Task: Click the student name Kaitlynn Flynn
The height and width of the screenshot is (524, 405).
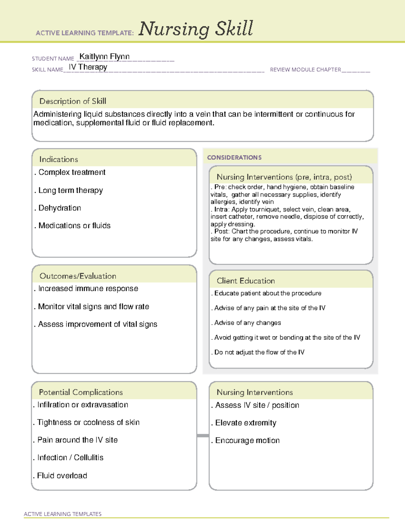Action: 104,57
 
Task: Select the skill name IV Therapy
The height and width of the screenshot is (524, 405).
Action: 88,67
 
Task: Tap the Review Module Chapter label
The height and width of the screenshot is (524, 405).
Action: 305,70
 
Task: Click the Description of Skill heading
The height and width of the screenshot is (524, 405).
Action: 73,101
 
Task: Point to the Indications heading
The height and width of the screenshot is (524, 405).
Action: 58,159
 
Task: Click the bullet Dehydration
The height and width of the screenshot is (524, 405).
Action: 60,208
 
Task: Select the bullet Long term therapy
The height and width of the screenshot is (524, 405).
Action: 71,190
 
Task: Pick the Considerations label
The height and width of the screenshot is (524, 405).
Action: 234,158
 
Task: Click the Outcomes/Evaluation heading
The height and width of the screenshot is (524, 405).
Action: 78,276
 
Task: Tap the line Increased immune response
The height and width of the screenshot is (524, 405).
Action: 88,288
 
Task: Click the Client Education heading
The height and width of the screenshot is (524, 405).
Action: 246,281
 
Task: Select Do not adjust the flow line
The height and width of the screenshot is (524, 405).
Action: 259,352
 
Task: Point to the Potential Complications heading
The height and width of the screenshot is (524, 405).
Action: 81,392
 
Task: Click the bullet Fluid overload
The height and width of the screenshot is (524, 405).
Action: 62,475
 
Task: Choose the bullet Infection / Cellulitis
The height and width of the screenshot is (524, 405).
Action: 70,458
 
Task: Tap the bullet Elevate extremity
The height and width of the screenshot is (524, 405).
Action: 246,423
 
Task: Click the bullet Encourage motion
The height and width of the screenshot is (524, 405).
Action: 247,440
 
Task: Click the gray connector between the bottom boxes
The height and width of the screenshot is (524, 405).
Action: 203,436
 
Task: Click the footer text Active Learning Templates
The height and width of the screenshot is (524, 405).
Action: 63,514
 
